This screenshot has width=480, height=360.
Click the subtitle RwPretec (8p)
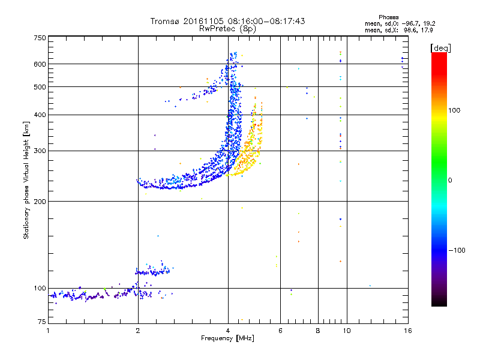tap(228, 28)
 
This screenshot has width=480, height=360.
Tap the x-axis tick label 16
tap(407, 331)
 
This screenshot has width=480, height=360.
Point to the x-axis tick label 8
tap(318, 331)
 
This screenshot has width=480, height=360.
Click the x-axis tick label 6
tap(280, 331)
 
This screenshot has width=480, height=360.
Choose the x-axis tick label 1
tap(48, 331)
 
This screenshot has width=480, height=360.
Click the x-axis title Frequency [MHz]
tap(227, 339)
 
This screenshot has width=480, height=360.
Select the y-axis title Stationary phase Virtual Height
tap(26, 180)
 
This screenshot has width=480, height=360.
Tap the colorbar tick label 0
tap(449, 180)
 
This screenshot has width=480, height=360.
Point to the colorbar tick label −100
tap(457, 250)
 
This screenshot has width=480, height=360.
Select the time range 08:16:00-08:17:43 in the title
tap(264, 21)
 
